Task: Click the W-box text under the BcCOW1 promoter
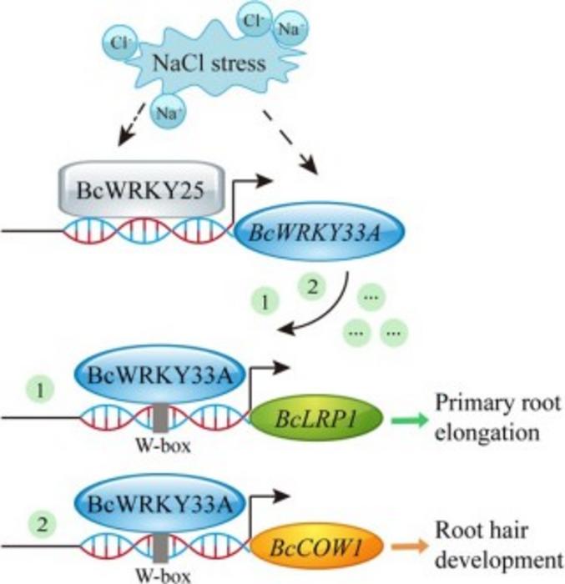pyautogui.click(x=159, y=573)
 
